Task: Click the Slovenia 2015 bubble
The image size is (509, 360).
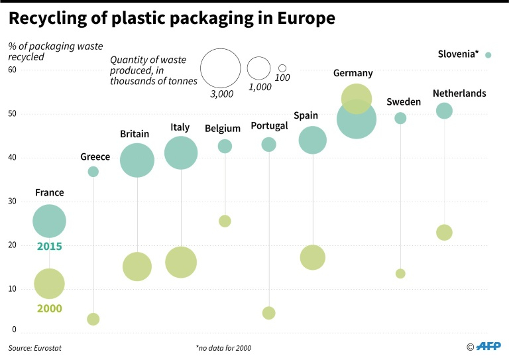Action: tap(488, 55)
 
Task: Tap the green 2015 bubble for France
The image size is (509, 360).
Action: tap(49, 221)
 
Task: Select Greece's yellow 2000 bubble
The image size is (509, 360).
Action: tap(93, 319)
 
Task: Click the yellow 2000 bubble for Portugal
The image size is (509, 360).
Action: tap(268, 313)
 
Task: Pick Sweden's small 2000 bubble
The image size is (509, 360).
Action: tap(400, 274)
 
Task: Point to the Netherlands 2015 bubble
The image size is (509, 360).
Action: tap(444, 111)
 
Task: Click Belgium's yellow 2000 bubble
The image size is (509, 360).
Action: tap(225, 221)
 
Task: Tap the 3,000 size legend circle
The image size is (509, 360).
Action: tap(220, 68)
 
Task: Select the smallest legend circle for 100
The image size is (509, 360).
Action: tap(282, 68)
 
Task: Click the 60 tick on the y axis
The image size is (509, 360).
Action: tap(13, 70)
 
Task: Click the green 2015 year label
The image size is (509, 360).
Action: tap(49, 247)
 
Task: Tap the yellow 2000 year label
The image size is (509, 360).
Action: tap(49, 308)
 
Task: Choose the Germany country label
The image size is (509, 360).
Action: tap(353, 74)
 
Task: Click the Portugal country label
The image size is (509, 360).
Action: tap(269, 126)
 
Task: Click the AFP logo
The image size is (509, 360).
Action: tap(488, 345)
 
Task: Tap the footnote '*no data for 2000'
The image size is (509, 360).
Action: tap(223, 347)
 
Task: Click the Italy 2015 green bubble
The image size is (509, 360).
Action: tap(181, 153)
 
